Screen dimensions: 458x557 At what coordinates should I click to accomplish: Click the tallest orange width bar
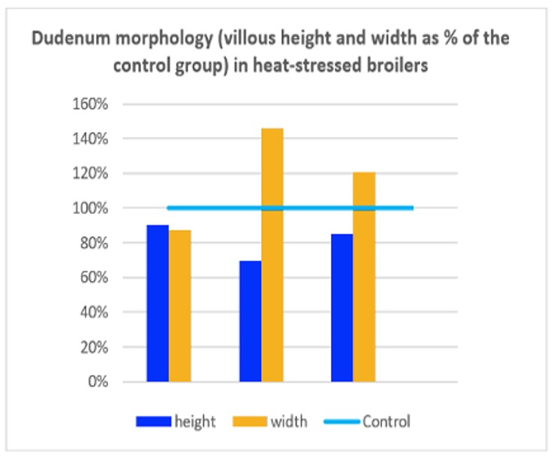coord(272,255)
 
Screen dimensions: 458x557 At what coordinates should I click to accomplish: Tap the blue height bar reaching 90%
coord(158,303)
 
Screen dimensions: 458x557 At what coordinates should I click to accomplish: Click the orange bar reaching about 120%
coord(364,277)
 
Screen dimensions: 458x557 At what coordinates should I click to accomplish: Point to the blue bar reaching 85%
coord(342,308)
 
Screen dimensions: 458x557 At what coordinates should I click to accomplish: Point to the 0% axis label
coord(98,382)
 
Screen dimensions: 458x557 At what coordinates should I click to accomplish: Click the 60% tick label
coord(95,278)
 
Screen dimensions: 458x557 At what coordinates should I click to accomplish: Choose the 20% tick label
coord(95,348)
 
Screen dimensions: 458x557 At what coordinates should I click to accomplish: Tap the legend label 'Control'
coord(387,422)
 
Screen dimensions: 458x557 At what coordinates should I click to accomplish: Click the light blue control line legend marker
coord(341,422)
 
